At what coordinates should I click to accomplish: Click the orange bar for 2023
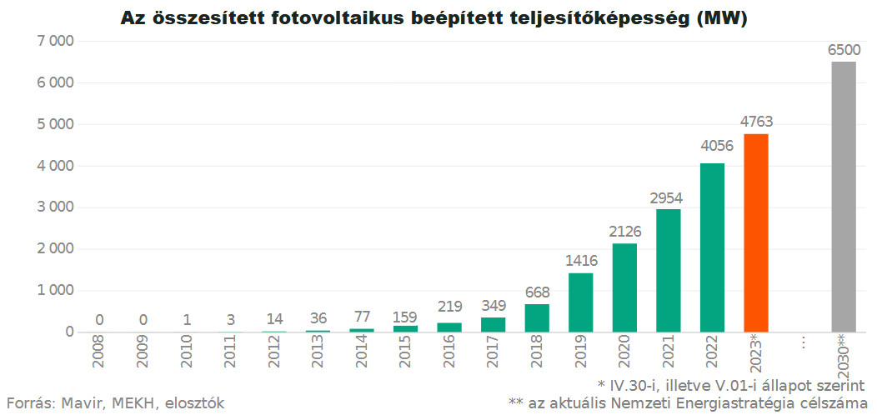(755, 233)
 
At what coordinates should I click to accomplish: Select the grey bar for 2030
(843, 197)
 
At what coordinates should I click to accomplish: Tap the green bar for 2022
(712, 247)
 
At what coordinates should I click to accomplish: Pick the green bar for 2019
(580, 302)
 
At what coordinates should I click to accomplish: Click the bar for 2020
(624, 287)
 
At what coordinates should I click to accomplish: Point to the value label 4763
(756, 122)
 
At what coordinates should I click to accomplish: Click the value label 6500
(843, 50)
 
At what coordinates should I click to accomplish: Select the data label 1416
(580, 261)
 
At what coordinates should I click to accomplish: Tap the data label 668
(537, 292)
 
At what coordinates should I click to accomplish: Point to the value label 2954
(668, 197)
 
